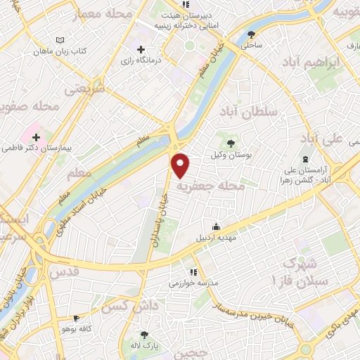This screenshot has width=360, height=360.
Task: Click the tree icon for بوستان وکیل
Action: (x=232, y=143)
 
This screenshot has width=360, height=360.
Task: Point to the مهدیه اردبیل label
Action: (x=216, y=238)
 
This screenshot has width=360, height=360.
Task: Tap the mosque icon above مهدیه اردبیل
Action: (x=216, y=226)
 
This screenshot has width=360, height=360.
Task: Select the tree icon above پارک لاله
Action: (x=145, y=335)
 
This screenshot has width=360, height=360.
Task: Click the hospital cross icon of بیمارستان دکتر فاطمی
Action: (x=36, y=136)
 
